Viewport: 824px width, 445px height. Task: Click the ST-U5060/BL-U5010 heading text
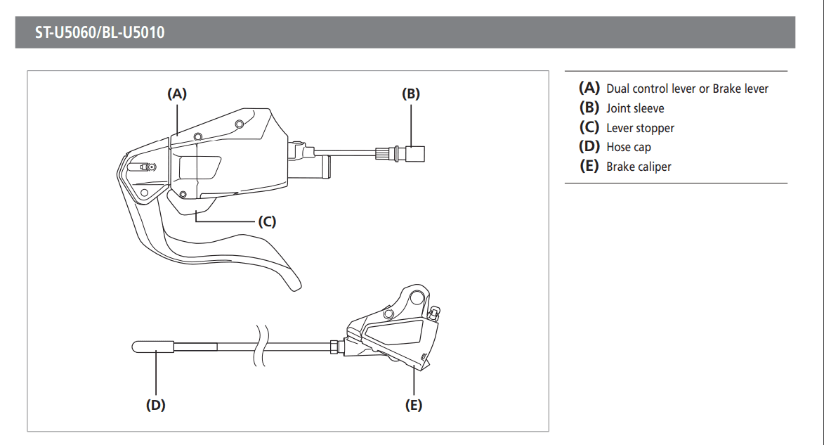[x=100, y=32]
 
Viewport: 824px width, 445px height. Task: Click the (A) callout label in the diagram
[x=177, y=93]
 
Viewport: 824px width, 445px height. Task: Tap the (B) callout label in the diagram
[x=411, y=93]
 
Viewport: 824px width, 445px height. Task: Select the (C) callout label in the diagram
[x=266, y=221]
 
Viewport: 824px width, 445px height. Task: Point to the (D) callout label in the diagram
[x=155, y=405]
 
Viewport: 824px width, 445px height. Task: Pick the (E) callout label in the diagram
[x=414, y=405]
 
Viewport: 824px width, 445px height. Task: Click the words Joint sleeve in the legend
[x=635, y=108]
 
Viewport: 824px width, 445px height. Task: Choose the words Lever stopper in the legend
[x=640, y=128]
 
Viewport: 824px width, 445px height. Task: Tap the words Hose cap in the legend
[x=629, y=148]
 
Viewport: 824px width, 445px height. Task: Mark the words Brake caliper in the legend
[x=639, y=167]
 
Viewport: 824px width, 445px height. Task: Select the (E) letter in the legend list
[x=589, y=167]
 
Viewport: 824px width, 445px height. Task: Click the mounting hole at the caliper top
[x=417, y=295]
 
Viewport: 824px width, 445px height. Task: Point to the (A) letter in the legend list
[x=589, y=88]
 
